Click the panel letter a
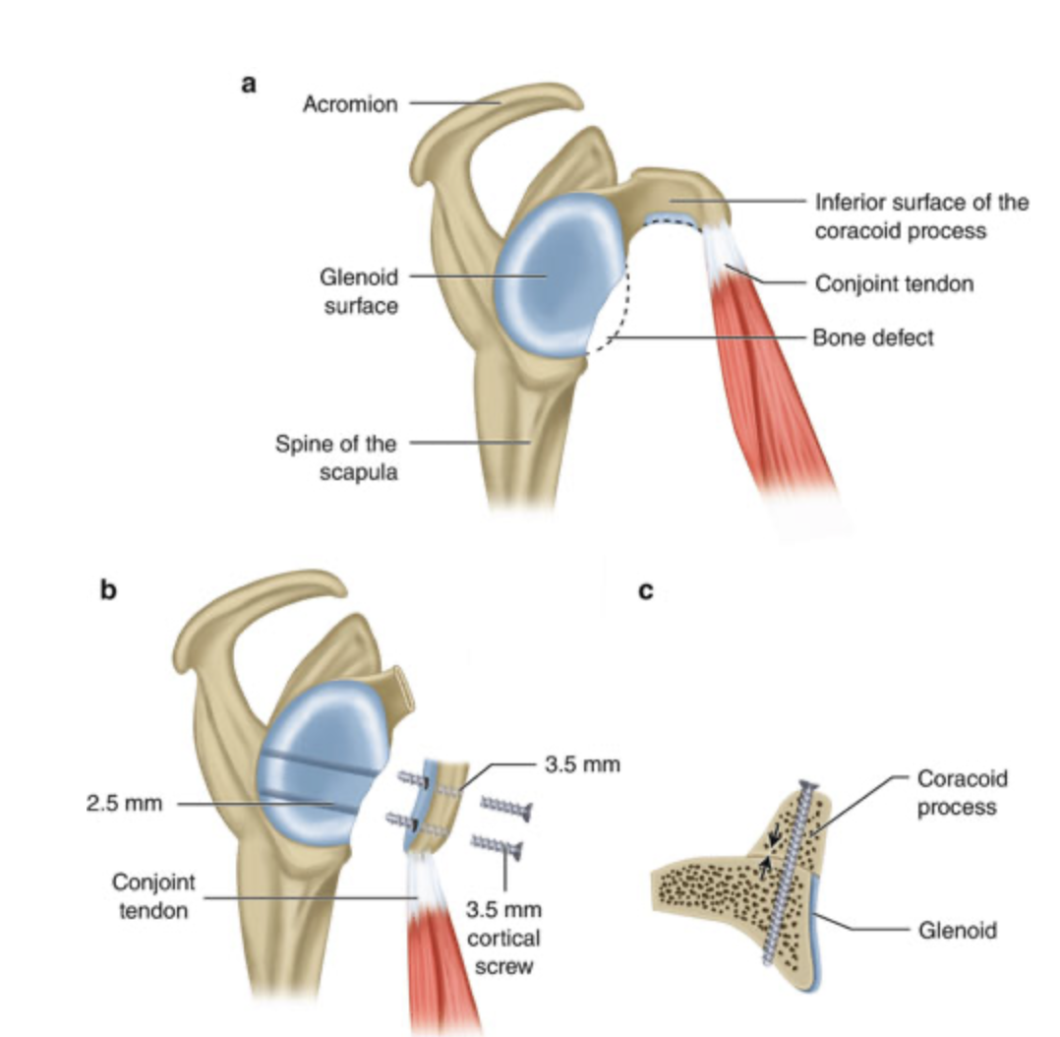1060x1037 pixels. pos(249,85)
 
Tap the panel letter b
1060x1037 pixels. pos(108,589)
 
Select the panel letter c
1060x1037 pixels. pos(646,591)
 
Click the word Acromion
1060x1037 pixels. pos(350,104)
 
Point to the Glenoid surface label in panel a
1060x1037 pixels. pos(359,291)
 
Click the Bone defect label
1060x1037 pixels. pos(873,336)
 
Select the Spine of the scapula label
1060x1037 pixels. pos(336,457)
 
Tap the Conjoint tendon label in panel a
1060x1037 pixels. pos(894,283)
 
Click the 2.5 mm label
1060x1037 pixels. pos(124,803)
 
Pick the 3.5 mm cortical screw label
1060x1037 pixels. pos(503,938)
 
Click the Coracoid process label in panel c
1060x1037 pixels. pos(962,793)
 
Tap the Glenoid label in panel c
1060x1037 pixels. pos(958,930)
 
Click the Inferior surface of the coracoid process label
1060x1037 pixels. pos(921,216)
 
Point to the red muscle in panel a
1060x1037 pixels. pos(771,379)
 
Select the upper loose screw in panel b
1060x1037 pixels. pos(506,807)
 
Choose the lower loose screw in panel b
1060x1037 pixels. pos(497,845)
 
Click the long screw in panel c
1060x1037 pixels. pos(788,873)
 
